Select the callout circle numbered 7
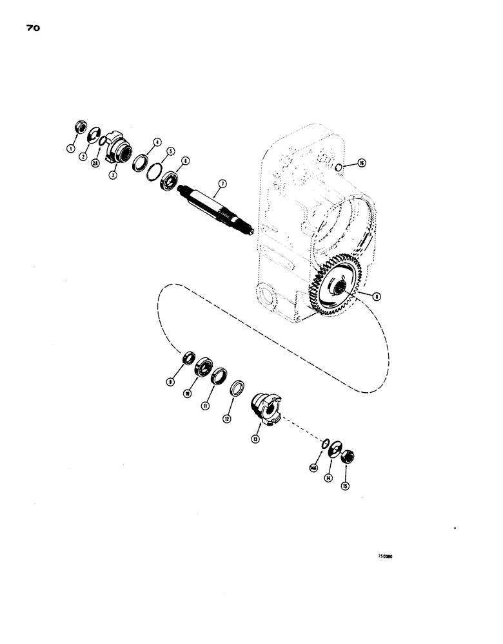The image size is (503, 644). click(221, 184)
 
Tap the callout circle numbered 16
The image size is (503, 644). click(362, 164)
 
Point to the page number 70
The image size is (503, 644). click(35, 28)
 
